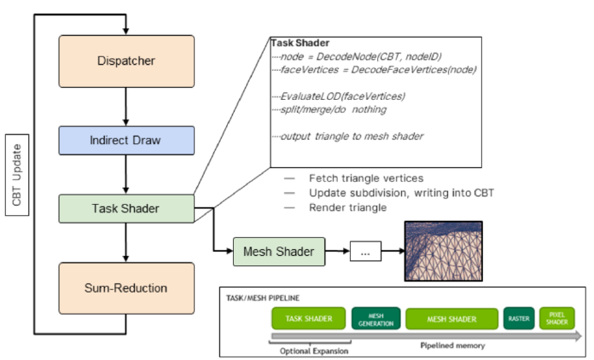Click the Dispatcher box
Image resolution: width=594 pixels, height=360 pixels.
click(126, 61)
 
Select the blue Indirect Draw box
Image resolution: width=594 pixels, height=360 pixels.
click(126, 141)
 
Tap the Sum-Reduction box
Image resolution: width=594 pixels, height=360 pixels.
click(126, 288)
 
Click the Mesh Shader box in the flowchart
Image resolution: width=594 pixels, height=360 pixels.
click(279, 252)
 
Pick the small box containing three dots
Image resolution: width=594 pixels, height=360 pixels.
click(365, 252)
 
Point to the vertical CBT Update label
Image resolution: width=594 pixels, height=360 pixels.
click(17, 175)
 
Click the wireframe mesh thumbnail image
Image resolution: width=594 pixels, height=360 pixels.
click(444, 252)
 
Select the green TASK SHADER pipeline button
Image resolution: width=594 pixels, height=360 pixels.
click(309, 318)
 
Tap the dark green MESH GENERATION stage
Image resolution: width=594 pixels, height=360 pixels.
click(376, 318)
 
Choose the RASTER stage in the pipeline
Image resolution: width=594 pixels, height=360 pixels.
click(519, 318)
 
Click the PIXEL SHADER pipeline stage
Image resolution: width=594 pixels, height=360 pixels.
click(556, 318)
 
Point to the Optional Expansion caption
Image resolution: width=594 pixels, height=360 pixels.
click(314, 351)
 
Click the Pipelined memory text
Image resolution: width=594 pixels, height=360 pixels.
click(452, 345)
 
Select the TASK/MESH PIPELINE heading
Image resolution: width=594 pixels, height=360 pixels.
click(263, 298)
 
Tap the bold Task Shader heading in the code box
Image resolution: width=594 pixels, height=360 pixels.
click(300, 43)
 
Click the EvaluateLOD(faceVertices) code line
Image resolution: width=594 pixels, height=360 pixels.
click(342, 96)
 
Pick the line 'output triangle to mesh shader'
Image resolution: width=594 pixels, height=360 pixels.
click(352, 136)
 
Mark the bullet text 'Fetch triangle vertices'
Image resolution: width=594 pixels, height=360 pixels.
click(366, 178)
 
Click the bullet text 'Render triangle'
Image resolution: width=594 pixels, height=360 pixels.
click(347, 208)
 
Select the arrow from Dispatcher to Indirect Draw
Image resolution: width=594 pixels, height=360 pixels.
click(125, 107)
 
